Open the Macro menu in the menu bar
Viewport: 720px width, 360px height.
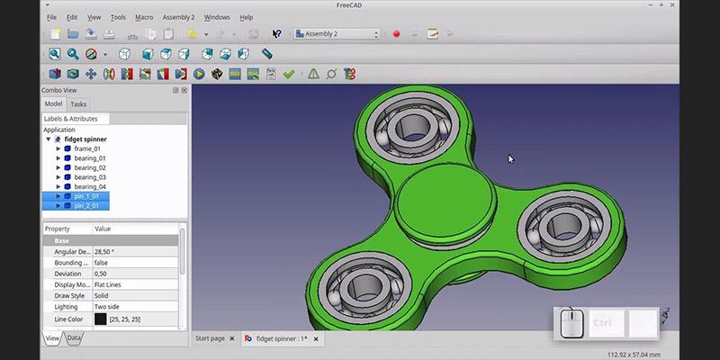click(144, 17)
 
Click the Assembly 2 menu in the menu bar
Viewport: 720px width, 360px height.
click(178, 17)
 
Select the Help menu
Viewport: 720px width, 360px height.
click(246, 17)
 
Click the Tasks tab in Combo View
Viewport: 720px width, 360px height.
click(78, 104)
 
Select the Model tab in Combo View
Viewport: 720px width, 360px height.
click(53, 104)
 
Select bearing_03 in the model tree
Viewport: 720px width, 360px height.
click(90, 177)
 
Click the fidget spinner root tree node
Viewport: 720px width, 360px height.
click(85, 139)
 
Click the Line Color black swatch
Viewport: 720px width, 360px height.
click(100, 319)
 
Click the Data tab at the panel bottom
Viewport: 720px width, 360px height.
click(75, 337)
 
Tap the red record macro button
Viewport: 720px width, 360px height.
click(396, 34)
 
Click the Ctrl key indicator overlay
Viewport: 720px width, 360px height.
click(603, 322)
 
